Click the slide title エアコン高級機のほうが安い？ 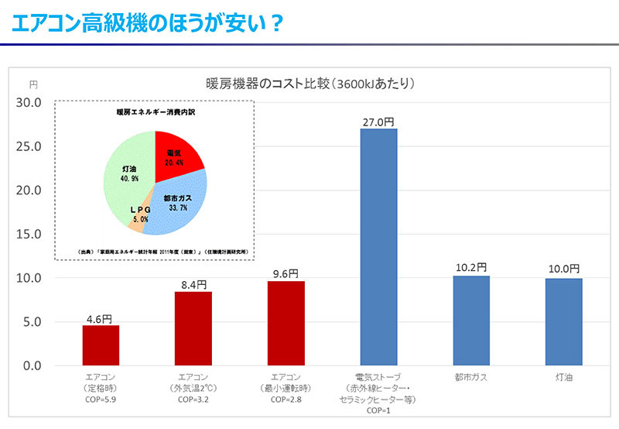pyautogui.click(x=147, y=23)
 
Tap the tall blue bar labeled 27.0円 pyautogui.click(x=378, y=246)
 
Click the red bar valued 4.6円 pyautogui.click(x=101, y=345)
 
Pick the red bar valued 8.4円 pyautogui.click(x=193, y=328)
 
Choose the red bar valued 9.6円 pyautogui.click(x=286, y=323)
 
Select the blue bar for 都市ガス pyautogui.click(x=471, y=321)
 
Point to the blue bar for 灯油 pyautogui.click(x=564, y=321)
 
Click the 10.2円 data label pyautogui.click(x=471, y=267)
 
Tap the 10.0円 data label pyautogui.click(x=564, y=269)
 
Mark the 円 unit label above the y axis pyautogui.click(x=33, y=84)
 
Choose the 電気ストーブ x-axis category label pyautogui.click(x=378, y=377)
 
